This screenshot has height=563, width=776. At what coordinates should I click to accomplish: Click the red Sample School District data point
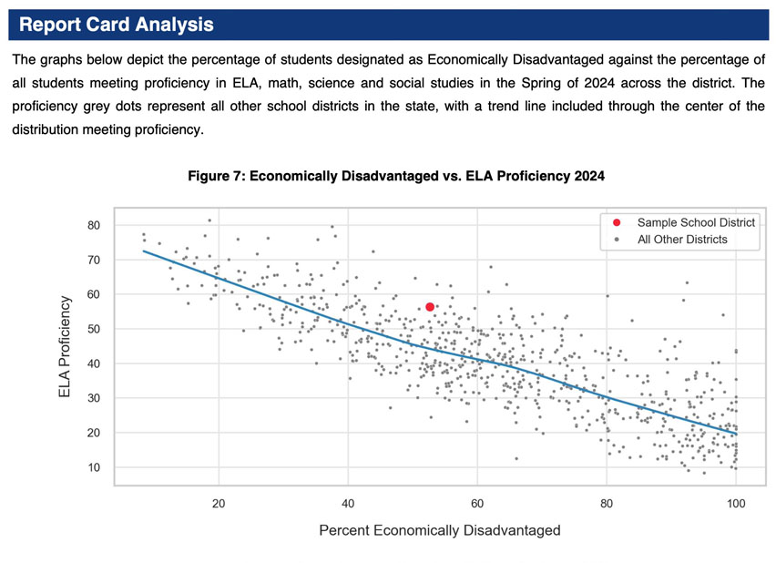click(x=430, y=307)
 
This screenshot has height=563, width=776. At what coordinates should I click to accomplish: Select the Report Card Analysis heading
click(x=116, y=25)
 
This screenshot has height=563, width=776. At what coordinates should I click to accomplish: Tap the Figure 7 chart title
click(x=395, y=174)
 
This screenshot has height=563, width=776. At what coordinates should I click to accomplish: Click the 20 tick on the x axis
click(x=219, y=503)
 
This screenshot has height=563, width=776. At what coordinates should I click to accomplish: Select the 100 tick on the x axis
click(x=735, y=503)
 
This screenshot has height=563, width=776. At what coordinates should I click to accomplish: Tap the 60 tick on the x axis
click(x=476, y=503)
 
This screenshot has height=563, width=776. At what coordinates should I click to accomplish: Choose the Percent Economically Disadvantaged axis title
click(x=440, y=530)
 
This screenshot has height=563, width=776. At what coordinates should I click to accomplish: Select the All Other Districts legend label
click(x=682, y=240)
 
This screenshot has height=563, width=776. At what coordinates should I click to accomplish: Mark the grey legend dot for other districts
click(x=617, y=240)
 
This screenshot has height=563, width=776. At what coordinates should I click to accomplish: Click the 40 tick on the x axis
click(x=348, y=503)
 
